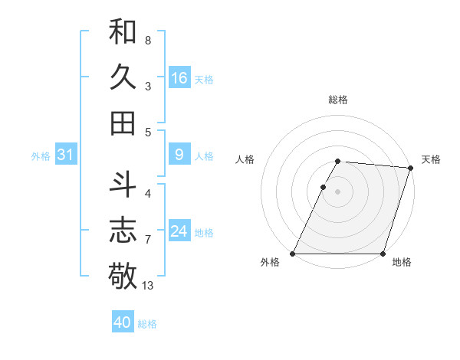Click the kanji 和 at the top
pos(123,32)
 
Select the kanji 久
pos(123,77)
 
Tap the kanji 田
pos(123,123)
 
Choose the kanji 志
pos(123,230)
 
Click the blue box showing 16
pos(179,78)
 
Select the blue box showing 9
pos(179,155)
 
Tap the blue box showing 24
pos(179,232)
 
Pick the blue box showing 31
pos(66,155)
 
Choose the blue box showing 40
pos(123,322)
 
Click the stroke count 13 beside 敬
pos(148,286)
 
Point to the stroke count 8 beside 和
pos(147,40)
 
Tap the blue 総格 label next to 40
pos(147,324)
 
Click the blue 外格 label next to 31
pos(41,156)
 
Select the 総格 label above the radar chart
pos(338,100)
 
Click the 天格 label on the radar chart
pos(431,159)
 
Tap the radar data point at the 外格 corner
pos(293,254)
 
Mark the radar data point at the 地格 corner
pos(383,254)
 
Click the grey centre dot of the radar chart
pos(337,191)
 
